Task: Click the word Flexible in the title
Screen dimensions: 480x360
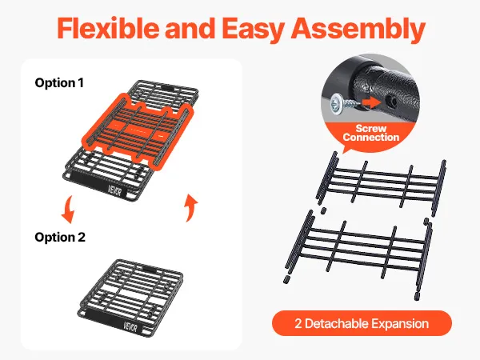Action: point(108,28)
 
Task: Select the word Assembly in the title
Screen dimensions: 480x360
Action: point(358,30)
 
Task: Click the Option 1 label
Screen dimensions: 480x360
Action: point(59,83)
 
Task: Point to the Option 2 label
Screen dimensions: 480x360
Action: point(60,238)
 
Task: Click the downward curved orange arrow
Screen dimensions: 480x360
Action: point(68,210)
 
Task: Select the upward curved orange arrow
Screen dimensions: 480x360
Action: point(191,207)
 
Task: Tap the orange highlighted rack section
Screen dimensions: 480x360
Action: point(138,130)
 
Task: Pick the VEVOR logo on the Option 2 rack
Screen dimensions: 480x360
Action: point(130,327)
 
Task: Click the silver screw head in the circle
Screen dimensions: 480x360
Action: point(337,104)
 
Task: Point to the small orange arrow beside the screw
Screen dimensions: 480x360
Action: point(370,102)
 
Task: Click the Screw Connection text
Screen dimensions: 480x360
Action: point(371,133)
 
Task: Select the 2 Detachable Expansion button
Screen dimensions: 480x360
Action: point(362,323)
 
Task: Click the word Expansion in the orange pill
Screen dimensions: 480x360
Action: point(401,323)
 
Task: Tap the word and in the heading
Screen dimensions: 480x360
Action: point(190,28)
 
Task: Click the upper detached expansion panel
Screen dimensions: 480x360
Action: point(381,184)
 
